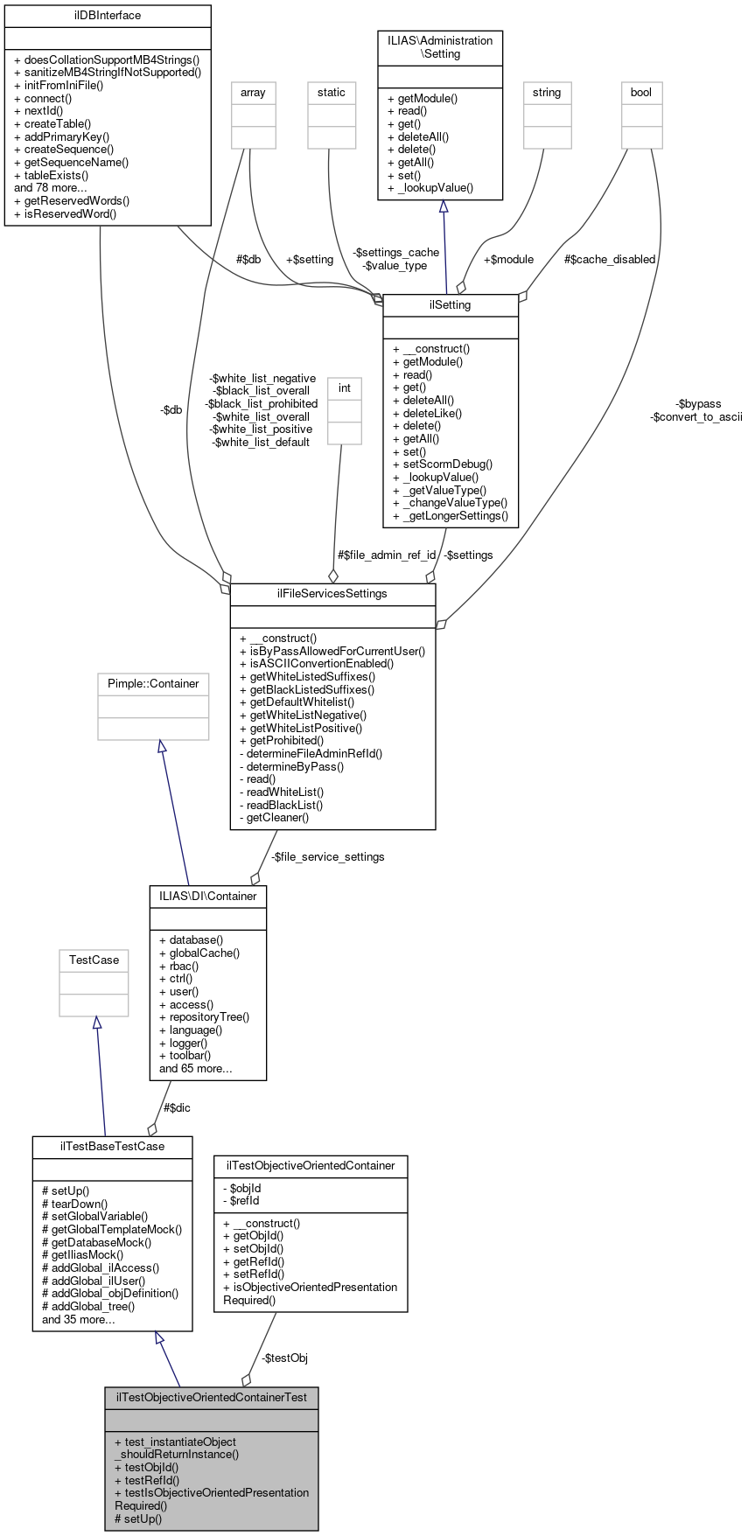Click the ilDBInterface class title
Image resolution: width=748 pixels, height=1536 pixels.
tap(108, 16)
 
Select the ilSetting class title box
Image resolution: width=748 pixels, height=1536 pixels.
tap(451, 305)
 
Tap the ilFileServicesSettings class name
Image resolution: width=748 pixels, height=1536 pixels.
tap(332, 594)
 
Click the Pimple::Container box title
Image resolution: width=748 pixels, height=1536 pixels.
tap(153, 684)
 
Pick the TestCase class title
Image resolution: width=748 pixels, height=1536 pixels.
tap(94, 960)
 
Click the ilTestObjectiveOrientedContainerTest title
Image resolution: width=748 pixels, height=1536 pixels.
tap(211, 1397)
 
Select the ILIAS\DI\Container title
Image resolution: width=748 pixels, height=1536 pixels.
tap(207, 897)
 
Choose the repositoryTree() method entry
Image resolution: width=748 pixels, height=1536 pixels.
tap(209, 1017)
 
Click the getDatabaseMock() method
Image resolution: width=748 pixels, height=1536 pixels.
tap(101, 1242)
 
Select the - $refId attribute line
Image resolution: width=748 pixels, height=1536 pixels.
tap(241, 1201)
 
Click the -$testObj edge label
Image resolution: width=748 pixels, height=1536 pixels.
tap(284, 1358)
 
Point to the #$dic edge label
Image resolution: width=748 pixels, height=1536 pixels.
tap(177, 1108)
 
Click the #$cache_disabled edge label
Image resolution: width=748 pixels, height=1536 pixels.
tap(610, 260)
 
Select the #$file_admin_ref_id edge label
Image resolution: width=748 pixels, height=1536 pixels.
tap(387, 555)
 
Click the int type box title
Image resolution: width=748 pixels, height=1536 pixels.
tap(345, 388)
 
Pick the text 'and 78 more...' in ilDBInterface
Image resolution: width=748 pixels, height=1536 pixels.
tap(51, 188)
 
